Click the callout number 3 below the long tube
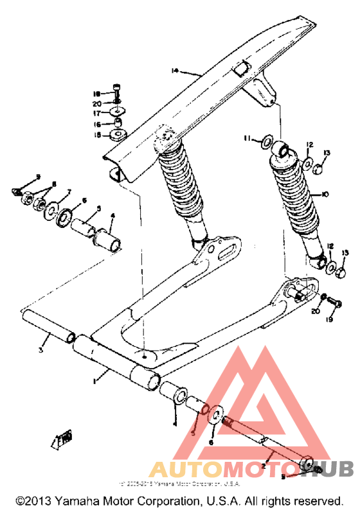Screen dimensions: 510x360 tap(40, 350)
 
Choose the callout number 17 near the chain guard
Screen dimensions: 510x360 tap(97, 113)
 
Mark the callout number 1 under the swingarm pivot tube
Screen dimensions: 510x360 tap(94, 382)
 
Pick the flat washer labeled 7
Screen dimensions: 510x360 tap(51, 211)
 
